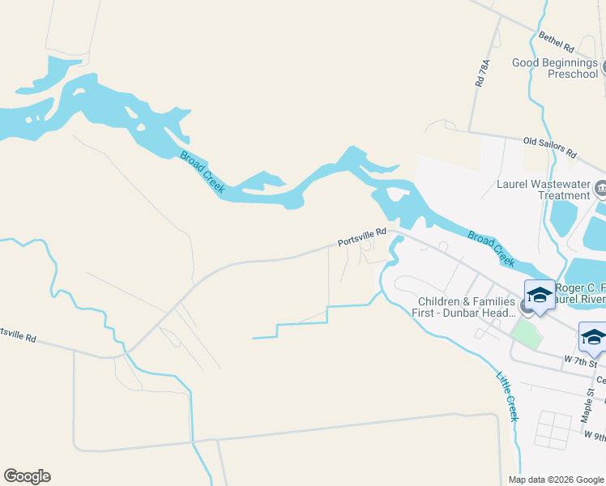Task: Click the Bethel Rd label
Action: point(556,42)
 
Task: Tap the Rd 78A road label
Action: point(484,73)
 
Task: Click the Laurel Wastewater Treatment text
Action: point(543,190)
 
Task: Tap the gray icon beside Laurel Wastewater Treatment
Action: point(600,190)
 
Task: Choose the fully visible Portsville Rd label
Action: point(361,237)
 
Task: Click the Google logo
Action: point(27,476)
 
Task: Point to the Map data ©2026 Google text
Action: point(555,480)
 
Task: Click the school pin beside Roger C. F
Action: point(540,294)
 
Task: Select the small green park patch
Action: point(527,333)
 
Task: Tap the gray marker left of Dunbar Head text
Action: point(527,308)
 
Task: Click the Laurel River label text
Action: point(578,299)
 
